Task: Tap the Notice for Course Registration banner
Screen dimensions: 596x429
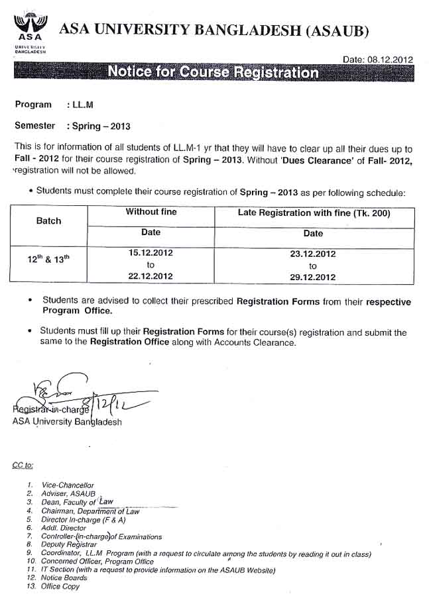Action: click(212, 72)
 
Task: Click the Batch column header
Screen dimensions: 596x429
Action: click(48, 221)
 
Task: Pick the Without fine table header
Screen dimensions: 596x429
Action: click(151, 213)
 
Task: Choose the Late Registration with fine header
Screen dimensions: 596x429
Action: click(314, 213)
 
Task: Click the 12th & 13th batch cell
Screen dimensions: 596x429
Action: click(48, 260)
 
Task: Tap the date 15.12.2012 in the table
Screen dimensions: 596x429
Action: click(151, 254)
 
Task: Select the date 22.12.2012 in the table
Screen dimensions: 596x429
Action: click(151, 277)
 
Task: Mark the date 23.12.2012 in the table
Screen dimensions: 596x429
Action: click(313, 254)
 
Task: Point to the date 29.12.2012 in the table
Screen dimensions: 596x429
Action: click(313, 277)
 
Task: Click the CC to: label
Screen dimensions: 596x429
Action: click(23, 465)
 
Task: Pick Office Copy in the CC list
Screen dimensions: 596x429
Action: click(60, 587)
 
